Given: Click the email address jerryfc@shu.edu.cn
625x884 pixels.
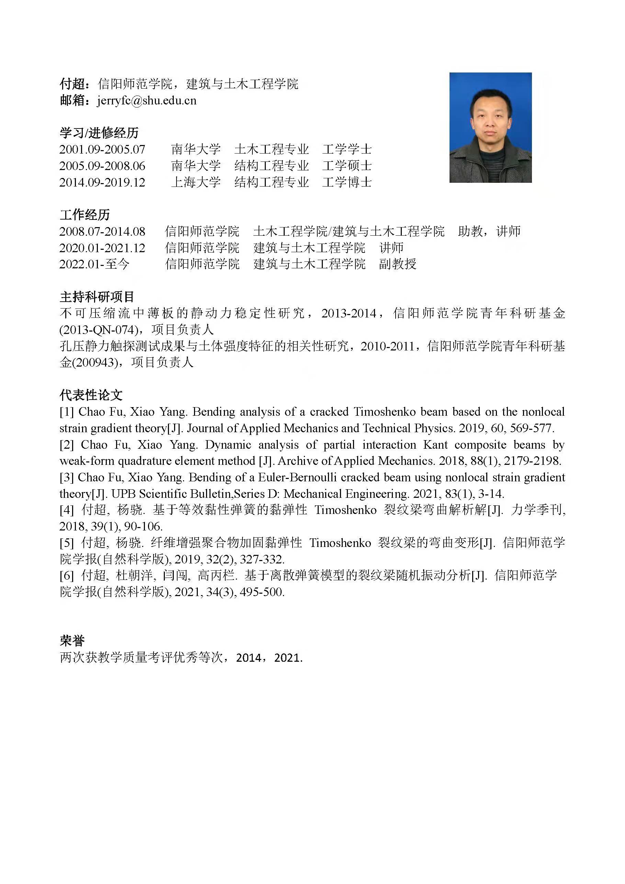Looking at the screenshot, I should (147, 101).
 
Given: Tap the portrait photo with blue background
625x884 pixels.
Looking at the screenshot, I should (490, 127).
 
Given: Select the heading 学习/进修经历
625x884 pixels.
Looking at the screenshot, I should (99, 133).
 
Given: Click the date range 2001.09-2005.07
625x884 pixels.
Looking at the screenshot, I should (102, 149).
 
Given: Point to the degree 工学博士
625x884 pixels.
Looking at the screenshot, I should (347, 182).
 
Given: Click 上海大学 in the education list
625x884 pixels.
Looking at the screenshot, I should (195, 182).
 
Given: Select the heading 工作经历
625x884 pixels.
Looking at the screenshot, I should (85, 214).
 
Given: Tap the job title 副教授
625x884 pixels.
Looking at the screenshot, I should (398, 264).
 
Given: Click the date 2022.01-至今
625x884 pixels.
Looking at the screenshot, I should (94, 264).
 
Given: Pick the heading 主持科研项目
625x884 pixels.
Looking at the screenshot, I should (97, 297).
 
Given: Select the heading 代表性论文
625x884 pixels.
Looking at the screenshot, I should (91, 395).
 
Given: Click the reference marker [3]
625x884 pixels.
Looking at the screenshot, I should (66, 478).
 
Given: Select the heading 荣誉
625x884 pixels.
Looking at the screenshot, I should (72, 641).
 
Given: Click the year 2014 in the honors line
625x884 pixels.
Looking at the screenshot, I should (249, 658).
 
